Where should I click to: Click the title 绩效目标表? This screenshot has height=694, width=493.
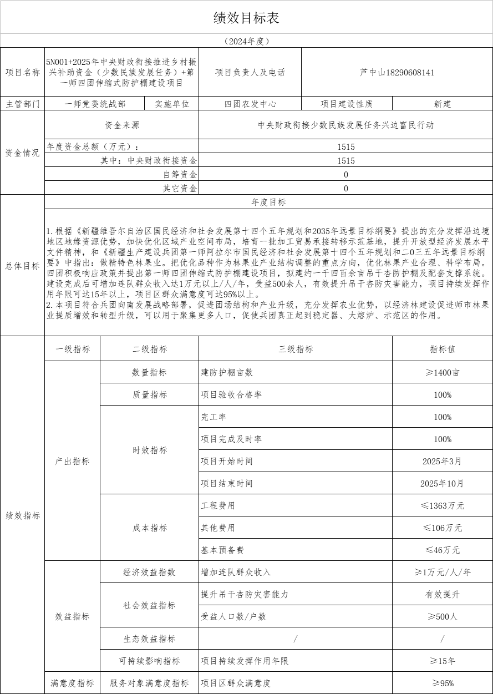click(246, 18)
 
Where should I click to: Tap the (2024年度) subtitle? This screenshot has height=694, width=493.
click(246, 41)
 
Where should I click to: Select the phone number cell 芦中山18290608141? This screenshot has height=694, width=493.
click(397, 72)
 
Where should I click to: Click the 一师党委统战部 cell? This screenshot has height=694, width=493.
click(95, 104)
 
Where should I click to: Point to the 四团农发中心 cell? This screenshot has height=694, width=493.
click(250, 104)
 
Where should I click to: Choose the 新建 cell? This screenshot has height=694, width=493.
click(442, 104)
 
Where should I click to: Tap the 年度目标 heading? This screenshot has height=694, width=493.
click(268, 202)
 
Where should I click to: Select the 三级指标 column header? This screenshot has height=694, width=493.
click(296, 349)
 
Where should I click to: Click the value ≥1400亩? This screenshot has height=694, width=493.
click(442, 372)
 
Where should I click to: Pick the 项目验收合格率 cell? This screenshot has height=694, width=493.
click(231, 394)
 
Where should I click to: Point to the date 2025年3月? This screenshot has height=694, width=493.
click(442, 461)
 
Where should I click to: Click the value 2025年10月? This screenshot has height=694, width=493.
click(442, 483)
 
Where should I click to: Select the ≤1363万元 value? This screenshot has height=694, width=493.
click(442, 505)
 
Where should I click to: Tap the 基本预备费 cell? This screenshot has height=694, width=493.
click(222, 550)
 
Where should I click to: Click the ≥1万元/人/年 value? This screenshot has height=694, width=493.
click(442, 572)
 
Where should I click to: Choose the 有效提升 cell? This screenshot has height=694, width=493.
click(442, 594)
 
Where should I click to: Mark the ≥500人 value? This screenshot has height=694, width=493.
click(442, 616)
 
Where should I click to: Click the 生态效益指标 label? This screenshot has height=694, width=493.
click(149, 639)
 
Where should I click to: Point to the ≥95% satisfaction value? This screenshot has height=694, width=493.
click(442, 683)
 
